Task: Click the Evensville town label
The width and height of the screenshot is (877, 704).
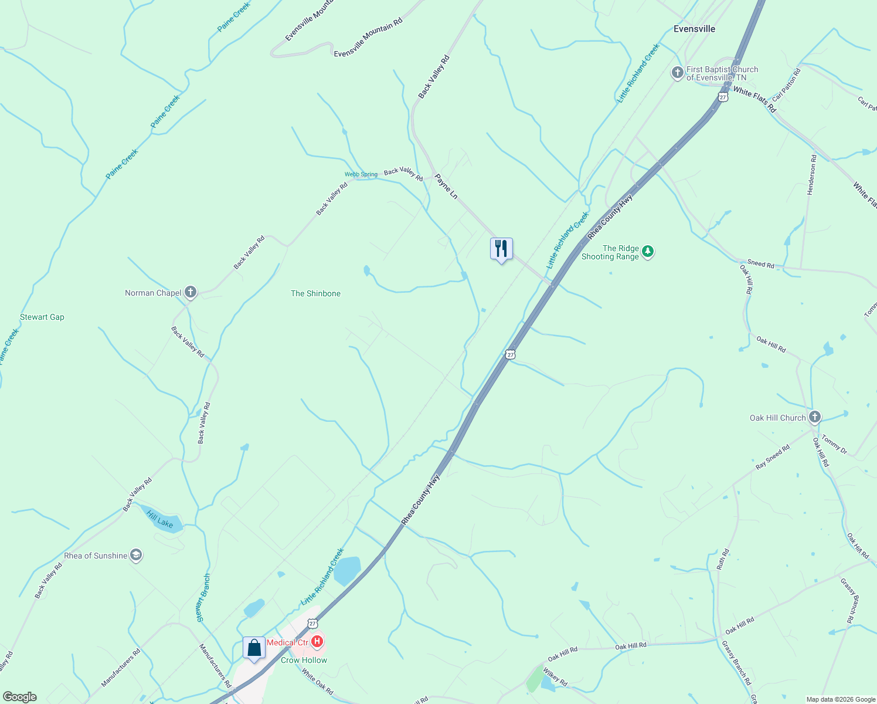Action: (x=694, y=29)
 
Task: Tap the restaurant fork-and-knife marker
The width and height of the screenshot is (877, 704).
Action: (x=501, y=249)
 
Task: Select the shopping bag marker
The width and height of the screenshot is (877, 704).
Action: (x=254, y=648)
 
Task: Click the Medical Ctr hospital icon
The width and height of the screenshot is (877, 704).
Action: (x=317, y=642)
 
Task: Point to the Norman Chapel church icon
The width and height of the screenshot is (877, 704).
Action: (x=190, y=292)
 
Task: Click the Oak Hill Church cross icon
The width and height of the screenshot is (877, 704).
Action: (x=814, y=417)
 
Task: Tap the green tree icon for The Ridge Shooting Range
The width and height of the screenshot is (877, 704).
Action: (x=647, y=252)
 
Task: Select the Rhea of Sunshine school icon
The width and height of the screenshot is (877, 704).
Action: (x=136, y=555)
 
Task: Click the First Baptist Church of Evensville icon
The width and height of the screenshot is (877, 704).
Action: (x=677, y=73)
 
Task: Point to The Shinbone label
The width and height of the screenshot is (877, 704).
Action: (x=315, y=293)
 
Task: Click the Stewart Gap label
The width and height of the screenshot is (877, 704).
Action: (x=42, y=317)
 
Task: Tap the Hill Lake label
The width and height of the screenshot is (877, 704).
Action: (x=160, y=519)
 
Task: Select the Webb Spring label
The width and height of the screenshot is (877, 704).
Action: (x=361, y=174)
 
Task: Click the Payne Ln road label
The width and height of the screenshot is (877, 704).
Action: (x=446, y=186)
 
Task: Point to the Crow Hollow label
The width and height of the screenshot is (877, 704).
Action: (x=304, y=660)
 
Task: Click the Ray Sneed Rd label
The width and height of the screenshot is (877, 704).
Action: (x=773, y=457)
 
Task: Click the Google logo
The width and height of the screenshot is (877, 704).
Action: (x=19, y=697)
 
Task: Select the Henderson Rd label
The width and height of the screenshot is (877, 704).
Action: (x=812, y=175)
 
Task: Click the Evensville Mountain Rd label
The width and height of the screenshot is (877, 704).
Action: (x=368, y=38)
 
